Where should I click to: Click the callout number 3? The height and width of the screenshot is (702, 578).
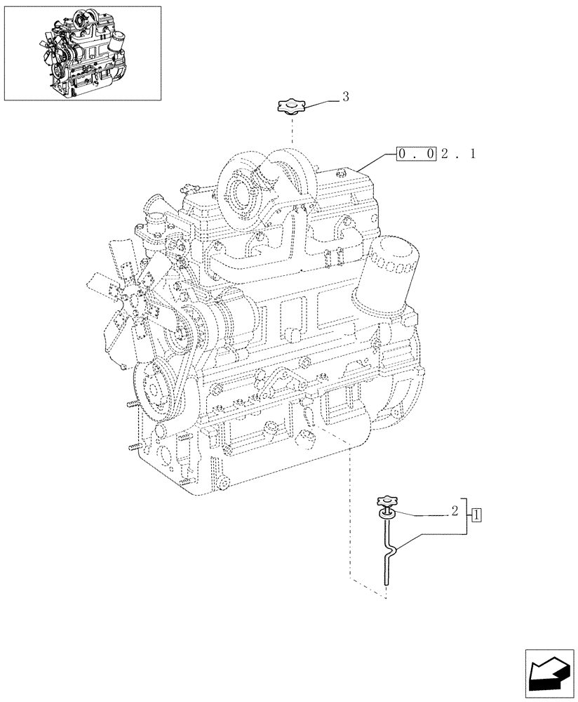click(345, 97)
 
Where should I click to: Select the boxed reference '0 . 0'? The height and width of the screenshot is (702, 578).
click(417, 153)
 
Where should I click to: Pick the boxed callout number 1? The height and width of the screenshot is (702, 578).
click(476, 515)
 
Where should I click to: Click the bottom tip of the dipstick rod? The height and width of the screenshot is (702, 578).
click(385, 581)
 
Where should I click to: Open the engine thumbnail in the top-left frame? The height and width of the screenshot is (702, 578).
click(82, 53)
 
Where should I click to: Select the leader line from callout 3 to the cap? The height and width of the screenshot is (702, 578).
click(320, 103)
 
